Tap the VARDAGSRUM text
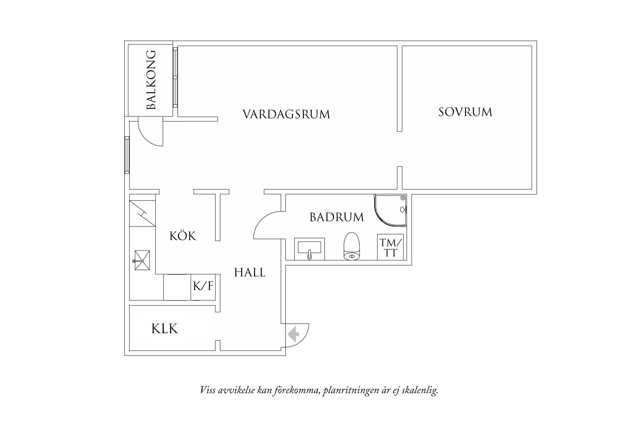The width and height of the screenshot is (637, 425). tap(286, 115)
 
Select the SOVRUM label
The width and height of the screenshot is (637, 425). tap(465, 112)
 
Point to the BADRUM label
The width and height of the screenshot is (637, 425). tap(337, 217)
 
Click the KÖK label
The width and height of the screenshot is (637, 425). tap(183, 236)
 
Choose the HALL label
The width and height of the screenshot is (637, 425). tap(250, 273)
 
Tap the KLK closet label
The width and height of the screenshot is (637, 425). tap(165, 329)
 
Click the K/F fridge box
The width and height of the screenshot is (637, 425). tap(203, 286)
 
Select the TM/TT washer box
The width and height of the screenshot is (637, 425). tap(390, 247)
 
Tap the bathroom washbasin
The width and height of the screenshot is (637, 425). tap(310, 248)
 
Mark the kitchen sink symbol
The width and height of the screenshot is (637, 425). tap(142, 260)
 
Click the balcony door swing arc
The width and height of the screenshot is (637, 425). tap(147, 138)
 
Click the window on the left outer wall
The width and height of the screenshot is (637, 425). tap(127, 155)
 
